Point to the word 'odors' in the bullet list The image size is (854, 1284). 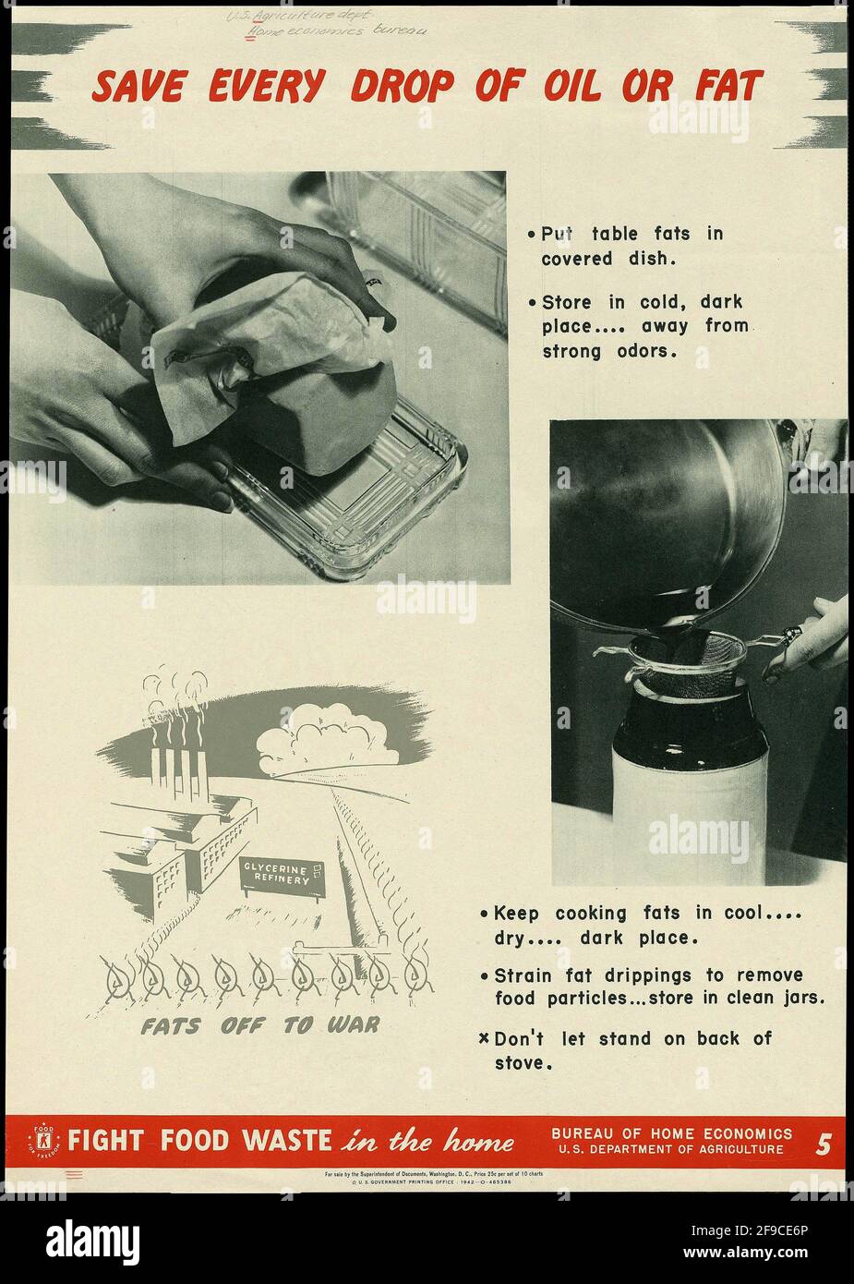click(x=647, y=351)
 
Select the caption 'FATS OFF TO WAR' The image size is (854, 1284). click(x=259, y=1026)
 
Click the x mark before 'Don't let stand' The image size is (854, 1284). click(x=484, y=1038)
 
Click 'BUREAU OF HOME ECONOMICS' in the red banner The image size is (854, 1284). click(x=671, y=1133)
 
